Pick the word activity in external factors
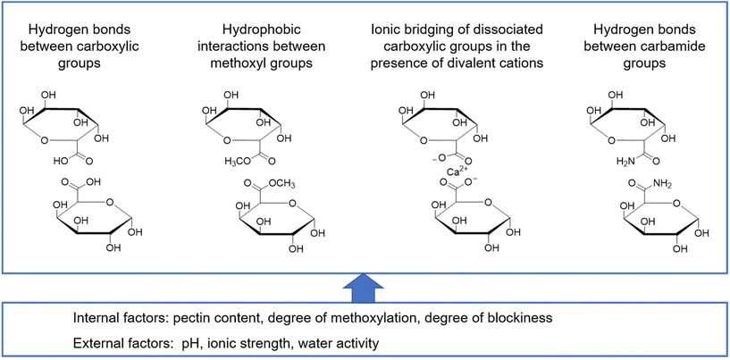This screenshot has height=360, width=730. pos(378,340)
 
